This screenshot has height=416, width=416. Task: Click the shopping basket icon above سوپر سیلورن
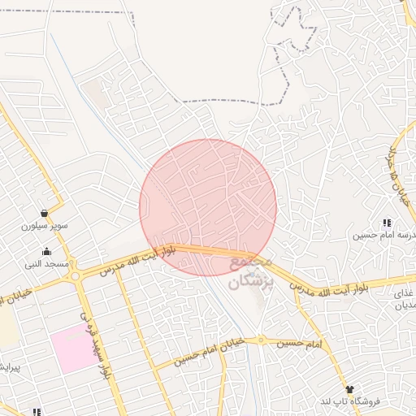click(42, 214)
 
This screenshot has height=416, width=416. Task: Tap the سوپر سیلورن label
click(41, 226)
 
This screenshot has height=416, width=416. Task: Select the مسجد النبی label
click(47, 264)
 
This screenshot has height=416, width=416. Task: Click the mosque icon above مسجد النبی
click(47, 251)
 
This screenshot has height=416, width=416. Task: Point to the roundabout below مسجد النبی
click(76, 276)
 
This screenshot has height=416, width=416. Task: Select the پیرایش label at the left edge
click(7, 367)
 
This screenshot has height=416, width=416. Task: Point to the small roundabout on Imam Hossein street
click(262, 340)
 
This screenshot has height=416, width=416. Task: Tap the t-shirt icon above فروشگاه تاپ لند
click(349, 390)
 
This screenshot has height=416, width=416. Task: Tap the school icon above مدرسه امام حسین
click(387, 223)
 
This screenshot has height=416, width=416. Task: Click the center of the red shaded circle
click(208, 207)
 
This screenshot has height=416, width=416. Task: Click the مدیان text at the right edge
click(405, 307)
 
